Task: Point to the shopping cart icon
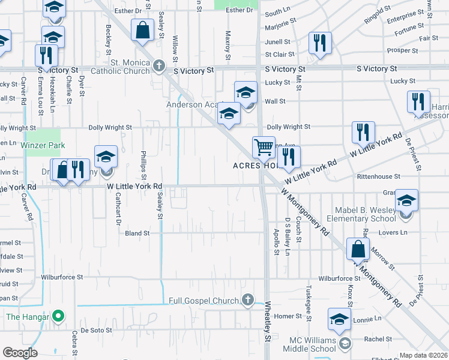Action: pos(264,146)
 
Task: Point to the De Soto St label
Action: pos(97,330)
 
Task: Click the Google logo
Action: pos(20,352)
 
